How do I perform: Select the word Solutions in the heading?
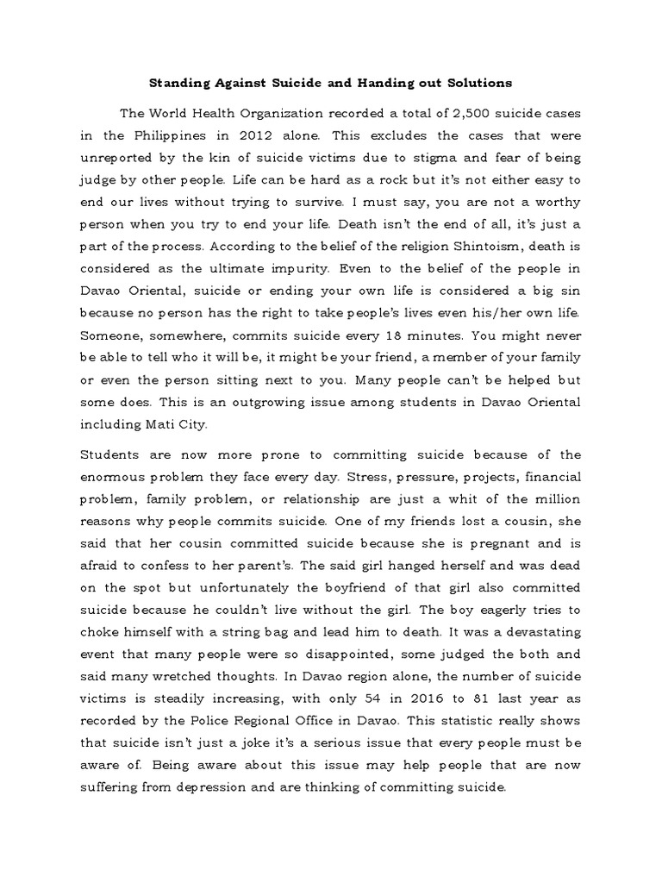(478, 83)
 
